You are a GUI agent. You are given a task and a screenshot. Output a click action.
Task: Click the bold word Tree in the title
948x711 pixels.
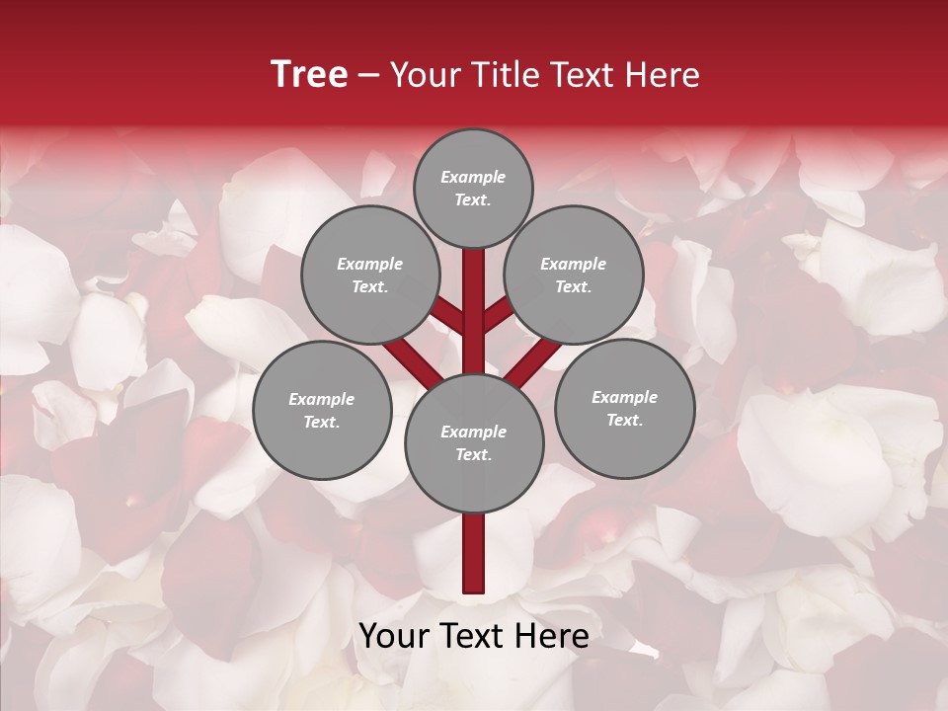309,75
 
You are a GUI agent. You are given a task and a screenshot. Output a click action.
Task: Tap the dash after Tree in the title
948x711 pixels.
368,76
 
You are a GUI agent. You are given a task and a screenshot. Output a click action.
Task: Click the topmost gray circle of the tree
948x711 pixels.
473,188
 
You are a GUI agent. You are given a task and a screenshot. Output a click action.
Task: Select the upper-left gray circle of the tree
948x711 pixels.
370,275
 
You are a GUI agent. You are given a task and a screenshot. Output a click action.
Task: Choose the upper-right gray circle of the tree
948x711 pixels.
574,275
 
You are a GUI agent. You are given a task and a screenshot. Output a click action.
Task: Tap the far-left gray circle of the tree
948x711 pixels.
322,410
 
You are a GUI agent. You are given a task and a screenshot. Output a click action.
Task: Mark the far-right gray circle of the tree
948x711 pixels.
624,408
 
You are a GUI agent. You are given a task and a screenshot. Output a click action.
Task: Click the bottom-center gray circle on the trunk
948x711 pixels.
474,442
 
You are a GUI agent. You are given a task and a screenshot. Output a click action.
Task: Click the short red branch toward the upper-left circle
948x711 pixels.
449,318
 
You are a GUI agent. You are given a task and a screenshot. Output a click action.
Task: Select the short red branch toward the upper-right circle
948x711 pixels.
498,318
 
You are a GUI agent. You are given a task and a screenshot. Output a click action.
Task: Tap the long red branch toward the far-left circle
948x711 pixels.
410,359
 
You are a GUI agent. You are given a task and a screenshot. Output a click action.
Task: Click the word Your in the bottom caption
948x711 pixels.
393,637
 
